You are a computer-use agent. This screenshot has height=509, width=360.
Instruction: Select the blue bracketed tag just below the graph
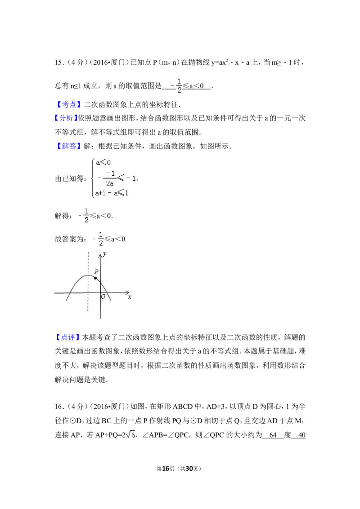click(x=67, y=337)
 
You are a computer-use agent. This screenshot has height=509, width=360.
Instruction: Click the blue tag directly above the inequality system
click(x=70, y=146)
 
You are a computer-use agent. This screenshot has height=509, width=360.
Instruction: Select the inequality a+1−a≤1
click(x=112, y=193)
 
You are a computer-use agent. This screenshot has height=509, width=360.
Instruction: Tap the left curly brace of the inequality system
click(x=93, y=178)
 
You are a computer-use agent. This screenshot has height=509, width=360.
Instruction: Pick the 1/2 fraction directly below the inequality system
click(x=86, y=216)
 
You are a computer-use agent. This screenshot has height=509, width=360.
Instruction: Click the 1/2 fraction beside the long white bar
click(x=101, y=239)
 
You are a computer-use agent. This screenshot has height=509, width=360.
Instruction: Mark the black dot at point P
click(x=95, y=278)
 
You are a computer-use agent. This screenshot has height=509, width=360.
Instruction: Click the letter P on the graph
click(x=96, y=272)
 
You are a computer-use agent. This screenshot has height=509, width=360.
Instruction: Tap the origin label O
click(x=103, y=297)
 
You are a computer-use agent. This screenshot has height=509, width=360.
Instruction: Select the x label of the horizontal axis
click(x=130, y=297)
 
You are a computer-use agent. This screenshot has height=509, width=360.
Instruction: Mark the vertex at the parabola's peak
click(x=88, y=275)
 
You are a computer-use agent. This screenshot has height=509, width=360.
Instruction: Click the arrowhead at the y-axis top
click(x=100, y=255)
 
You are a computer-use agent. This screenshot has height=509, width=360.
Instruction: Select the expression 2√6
click(x=129, y=434)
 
